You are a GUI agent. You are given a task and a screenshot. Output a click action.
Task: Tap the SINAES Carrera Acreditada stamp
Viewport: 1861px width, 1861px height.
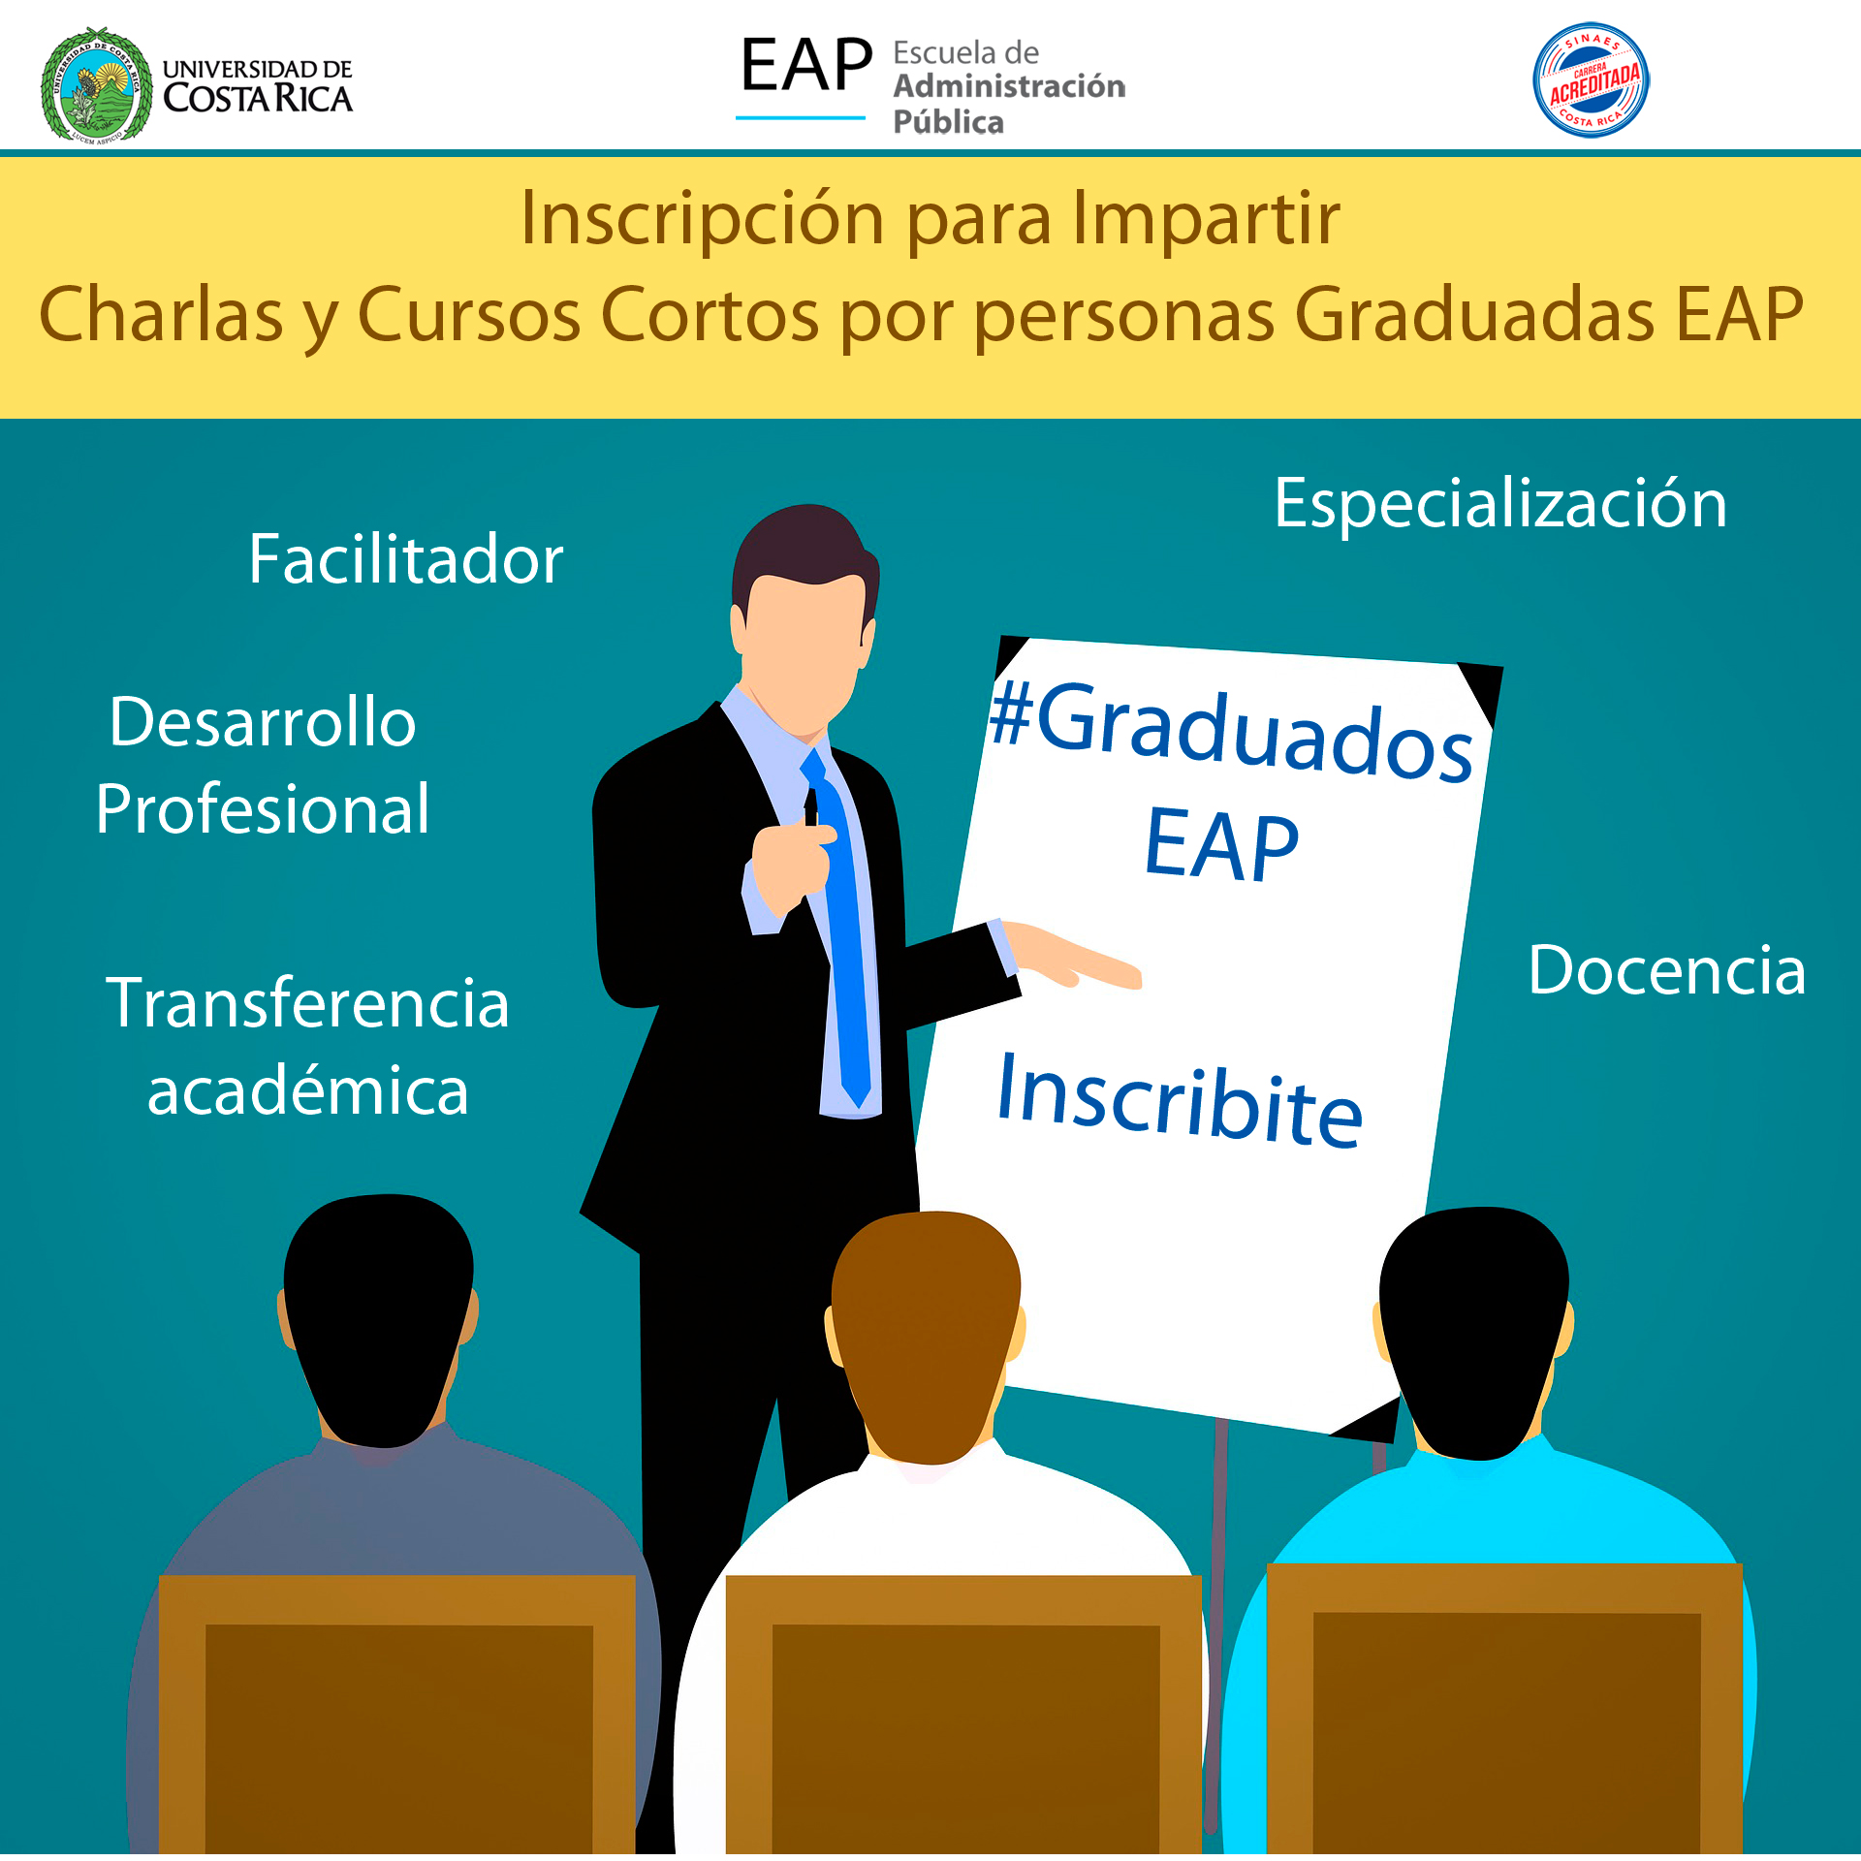coord(1591,80)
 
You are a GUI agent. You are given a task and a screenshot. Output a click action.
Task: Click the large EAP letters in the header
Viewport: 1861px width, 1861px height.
coord(806,66)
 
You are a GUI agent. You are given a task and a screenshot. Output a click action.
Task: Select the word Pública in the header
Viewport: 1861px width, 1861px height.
coord(948,122)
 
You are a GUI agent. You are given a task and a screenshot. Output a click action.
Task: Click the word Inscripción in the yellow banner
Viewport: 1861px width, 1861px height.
coord(703,219)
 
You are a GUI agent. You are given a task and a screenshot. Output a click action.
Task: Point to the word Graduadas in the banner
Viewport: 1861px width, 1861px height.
coord(1474,314)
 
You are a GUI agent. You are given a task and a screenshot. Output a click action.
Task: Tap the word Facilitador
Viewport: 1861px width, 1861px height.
coord(406,559)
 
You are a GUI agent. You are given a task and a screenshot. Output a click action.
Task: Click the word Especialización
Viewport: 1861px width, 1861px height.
coord(1500,504)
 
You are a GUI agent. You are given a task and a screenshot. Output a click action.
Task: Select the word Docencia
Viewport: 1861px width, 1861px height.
coord(1667,970)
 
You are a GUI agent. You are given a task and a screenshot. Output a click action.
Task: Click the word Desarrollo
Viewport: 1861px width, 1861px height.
coord(263,722)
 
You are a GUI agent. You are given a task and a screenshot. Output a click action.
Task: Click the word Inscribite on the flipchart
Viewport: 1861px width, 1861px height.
coord(1180,1101)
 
